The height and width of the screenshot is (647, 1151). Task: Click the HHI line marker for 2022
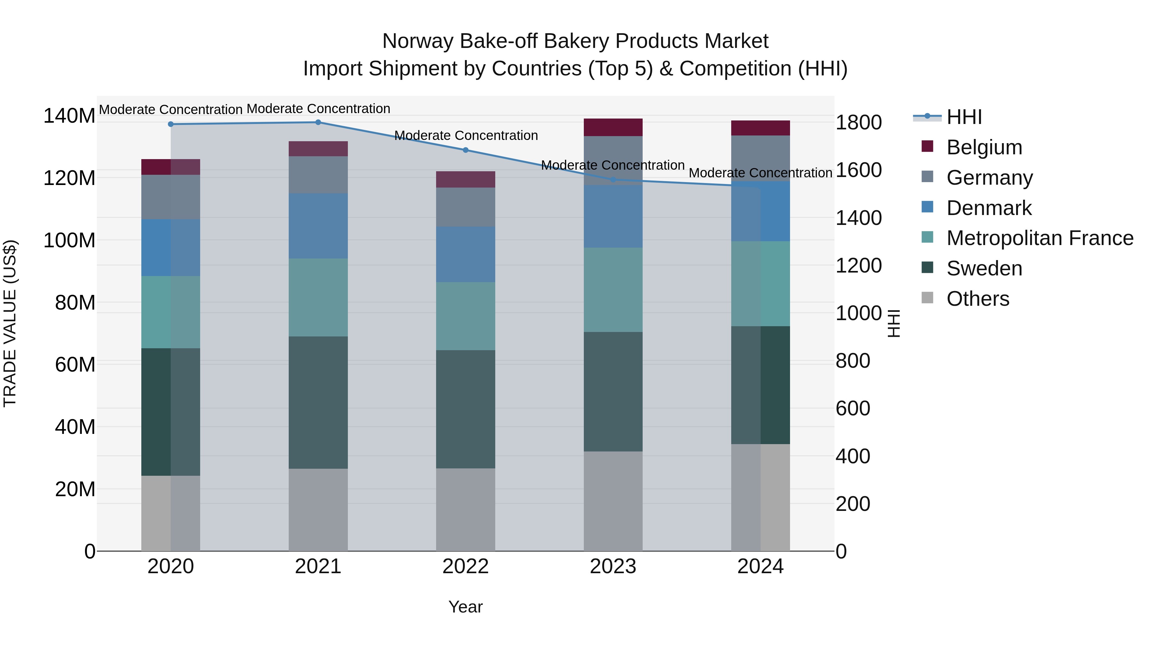[x=466, y=150]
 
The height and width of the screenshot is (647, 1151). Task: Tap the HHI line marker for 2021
[x=318, y=122]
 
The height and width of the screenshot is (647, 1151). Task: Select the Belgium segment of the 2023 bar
[x=613, y=127]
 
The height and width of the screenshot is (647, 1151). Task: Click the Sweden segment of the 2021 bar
[x=318, y=402]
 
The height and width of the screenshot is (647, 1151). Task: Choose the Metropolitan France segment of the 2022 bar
[x=466, y=316]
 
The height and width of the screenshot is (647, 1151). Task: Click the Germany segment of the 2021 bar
[x=318, y=174]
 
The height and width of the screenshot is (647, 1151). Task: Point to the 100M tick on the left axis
[x=69, y=240]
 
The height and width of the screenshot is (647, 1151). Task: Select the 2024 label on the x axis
[x=761, y=566]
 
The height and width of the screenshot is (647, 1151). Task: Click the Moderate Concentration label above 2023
[x=613, y=165]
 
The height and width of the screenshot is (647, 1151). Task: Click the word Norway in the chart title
[x=418, y=41]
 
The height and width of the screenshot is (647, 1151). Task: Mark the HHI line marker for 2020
[x=171, y=124]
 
